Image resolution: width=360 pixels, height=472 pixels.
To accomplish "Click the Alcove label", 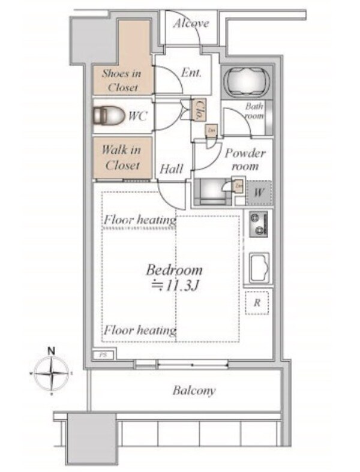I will (191, 24).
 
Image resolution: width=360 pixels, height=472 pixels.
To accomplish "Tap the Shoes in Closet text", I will (122, 80).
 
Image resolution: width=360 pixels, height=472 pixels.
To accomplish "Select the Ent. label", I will (191, 74).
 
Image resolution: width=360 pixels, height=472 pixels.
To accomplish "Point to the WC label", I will (138, 116).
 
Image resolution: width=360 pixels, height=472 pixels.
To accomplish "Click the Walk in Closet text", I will (121, 157).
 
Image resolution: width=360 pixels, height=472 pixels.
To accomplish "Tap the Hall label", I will (172, 170).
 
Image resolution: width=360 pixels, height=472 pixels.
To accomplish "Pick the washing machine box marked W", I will (258, 193).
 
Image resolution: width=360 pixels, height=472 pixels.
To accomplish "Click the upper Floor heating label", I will (140, 220).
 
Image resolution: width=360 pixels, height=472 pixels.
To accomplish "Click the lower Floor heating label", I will (140, 330).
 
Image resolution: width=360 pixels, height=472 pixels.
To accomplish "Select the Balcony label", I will (194, 391).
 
